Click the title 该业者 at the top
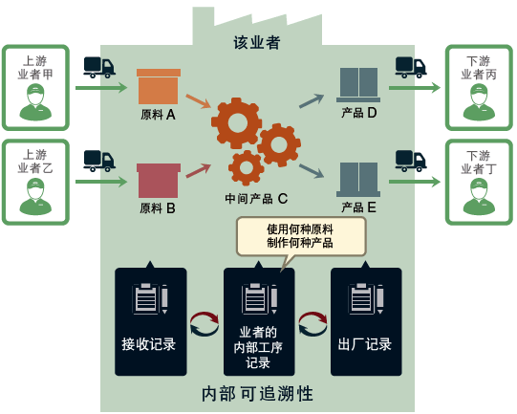pyautogui.click(x=257, y=43)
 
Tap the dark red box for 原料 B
pyautogui.click(x=158, y=179)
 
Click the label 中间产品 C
pyautogui.click(x=256, y=199)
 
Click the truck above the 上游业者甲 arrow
pyautogui.click(x=98, y=66)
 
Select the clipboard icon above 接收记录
pyautogui.click(x=150, y=299)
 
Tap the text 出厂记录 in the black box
pyautogui.click(x=365, y=344)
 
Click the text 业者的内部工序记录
pyautogui.click(x=258, y=347)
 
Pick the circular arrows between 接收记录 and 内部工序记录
pyautogui.click(x=205, y=324)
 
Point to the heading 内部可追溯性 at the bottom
pyautogui.click(x=258, y=393)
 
